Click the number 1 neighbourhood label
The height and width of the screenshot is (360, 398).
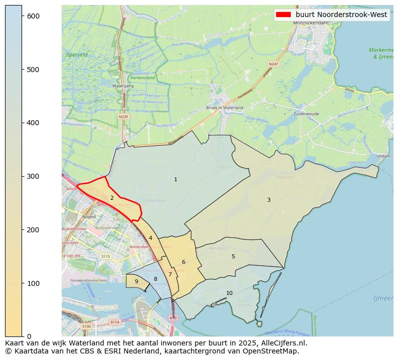[175, 179]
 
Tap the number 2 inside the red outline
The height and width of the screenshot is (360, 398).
[112, 198]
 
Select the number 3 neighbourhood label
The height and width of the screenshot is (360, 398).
[269, 200]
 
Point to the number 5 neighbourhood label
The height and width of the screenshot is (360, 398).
[233, 256]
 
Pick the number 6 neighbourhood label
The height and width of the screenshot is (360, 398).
[183, 262]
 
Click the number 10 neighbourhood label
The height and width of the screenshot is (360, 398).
[229, 293]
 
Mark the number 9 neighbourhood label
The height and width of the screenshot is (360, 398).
[136, 281]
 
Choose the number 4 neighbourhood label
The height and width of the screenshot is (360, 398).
[150, 238]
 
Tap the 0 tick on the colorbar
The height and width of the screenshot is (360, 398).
[30, 336]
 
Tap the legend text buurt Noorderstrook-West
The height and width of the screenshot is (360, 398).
[341, 15]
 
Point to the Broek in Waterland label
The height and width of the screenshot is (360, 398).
[225, 108]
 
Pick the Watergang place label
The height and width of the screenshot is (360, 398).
[123, 86]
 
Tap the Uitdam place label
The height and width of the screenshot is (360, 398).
[383, 156]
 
